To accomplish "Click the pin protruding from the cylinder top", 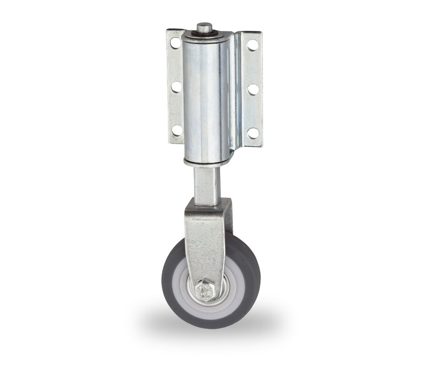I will [x=205, y=27].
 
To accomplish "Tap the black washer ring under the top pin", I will [x=205, y=34].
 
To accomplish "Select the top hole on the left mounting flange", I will [x=175, y=42].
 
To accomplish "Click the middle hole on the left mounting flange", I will [x=176, y=87].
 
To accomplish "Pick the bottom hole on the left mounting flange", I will [x=176, y=130].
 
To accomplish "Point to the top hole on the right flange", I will [x=252, y=45].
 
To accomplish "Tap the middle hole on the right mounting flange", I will [x=253, y=89].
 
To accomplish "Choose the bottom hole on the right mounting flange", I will [x=253, y=133].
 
